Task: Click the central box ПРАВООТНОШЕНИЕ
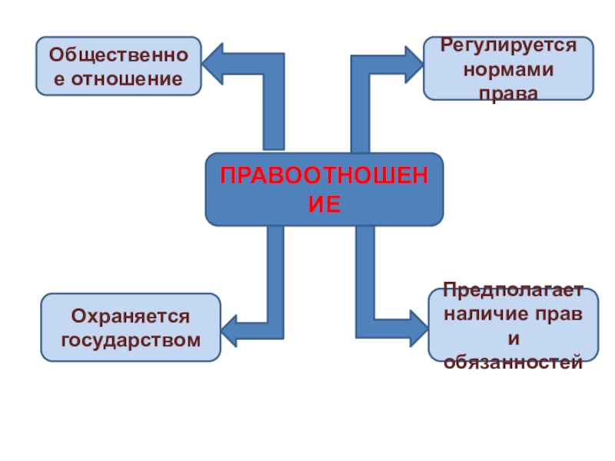324,189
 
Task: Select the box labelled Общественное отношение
118,66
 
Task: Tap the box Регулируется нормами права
508,68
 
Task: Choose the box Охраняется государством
130,327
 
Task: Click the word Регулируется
508,45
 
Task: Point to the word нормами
508,69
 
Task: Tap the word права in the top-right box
508,92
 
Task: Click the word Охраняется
130,317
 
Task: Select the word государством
130,339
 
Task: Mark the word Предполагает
513,292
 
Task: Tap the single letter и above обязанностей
513,337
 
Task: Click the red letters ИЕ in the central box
324,203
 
